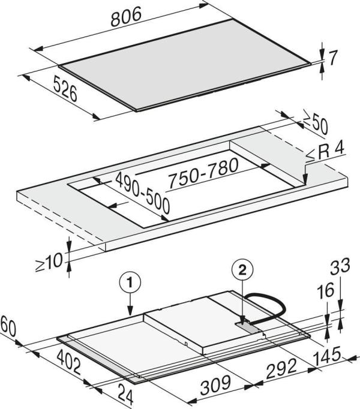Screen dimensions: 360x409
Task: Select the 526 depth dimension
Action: click(x=65, y=88)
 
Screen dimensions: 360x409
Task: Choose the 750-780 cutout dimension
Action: click(x=203, y=173)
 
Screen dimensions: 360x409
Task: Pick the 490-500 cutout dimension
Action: click(x=143, y=193)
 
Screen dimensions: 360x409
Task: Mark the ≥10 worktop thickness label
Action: click(x=49, y=262)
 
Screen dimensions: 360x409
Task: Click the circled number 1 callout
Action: click(x=130, y=282)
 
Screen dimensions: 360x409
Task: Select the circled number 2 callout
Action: click(x=242, y=270)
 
